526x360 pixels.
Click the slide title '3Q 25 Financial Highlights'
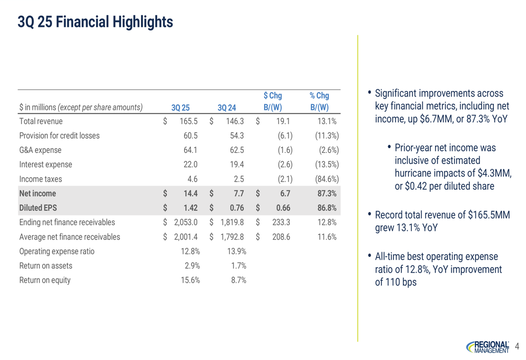coord(95,22)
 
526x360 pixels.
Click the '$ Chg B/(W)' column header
coord(272,102)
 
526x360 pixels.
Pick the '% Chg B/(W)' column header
coord(319,102)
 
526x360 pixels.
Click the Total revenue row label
coord(41,121)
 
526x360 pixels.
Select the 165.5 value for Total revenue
coord(188,121)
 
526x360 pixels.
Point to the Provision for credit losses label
coord(59,136)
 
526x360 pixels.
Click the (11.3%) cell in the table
coord(326,136)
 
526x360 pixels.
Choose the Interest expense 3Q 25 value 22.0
coord(190,164)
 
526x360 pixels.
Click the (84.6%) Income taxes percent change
coord(326,179)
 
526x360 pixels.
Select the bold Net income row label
coord(37,193)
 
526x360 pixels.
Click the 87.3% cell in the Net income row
coord(327,193)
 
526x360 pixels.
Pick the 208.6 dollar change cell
coord(281,236)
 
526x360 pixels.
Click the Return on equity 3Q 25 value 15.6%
coord(190,280)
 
